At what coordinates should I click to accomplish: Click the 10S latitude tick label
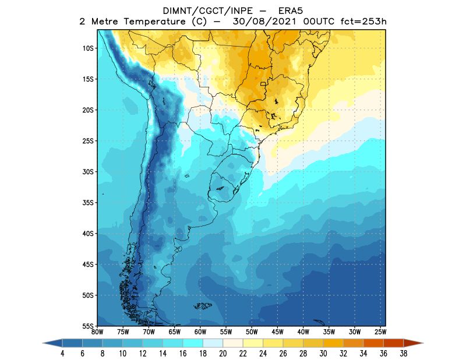click(89, 48)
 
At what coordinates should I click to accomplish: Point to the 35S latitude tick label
click(89, 203)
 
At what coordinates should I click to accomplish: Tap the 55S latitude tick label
click(89, 326)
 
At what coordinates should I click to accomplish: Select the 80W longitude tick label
click(97, 333)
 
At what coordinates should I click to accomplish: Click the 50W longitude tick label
click(251, 333)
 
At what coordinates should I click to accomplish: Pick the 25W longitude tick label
click(379, 333)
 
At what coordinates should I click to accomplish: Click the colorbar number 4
click(62, 353)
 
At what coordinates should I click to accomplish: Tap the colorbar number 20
click(224, 353)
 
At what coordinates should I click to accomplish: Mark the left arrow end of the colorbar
click(49, 343)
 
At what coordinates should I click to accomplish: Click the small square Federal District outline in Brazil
click(264, 84)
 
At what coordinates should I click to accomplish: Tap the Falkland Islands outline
click(202, 305)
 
